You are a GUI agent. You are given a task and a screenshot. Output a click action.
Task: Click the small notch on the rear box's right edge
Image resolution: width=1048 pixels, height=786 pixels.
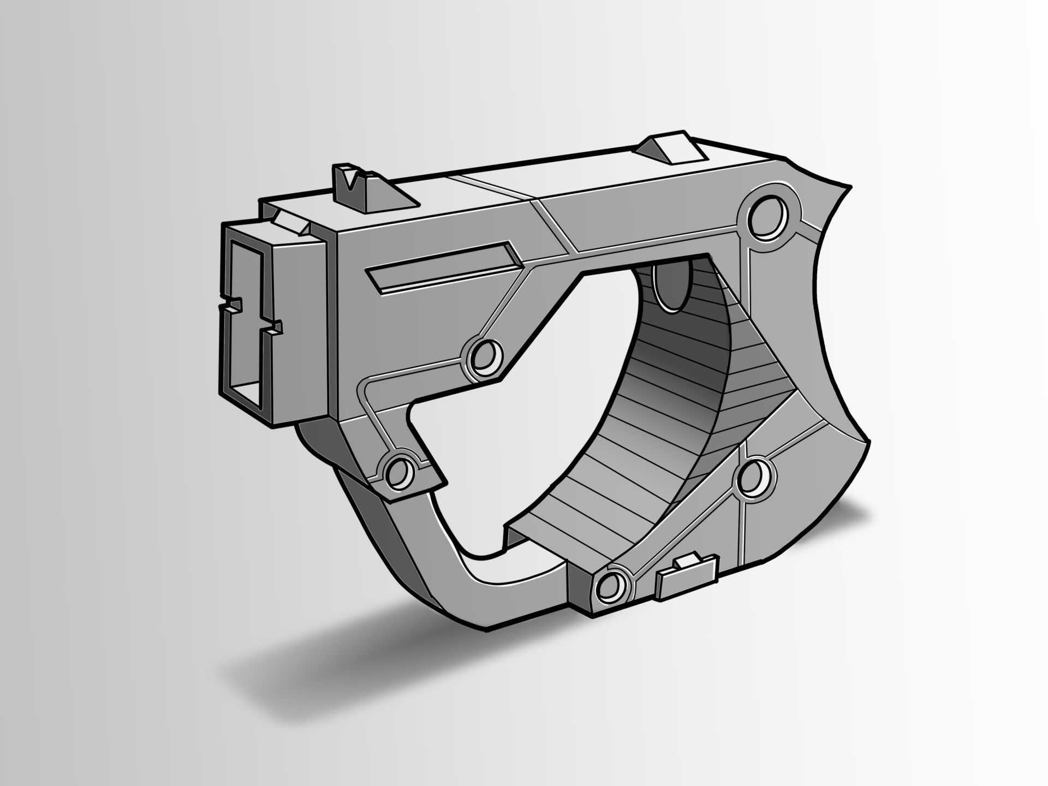tap(275, 327)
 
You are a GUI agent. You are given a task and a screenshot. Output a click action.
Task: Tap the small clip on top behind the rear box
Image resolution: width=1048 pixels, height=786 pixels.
tap(289, 221)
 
